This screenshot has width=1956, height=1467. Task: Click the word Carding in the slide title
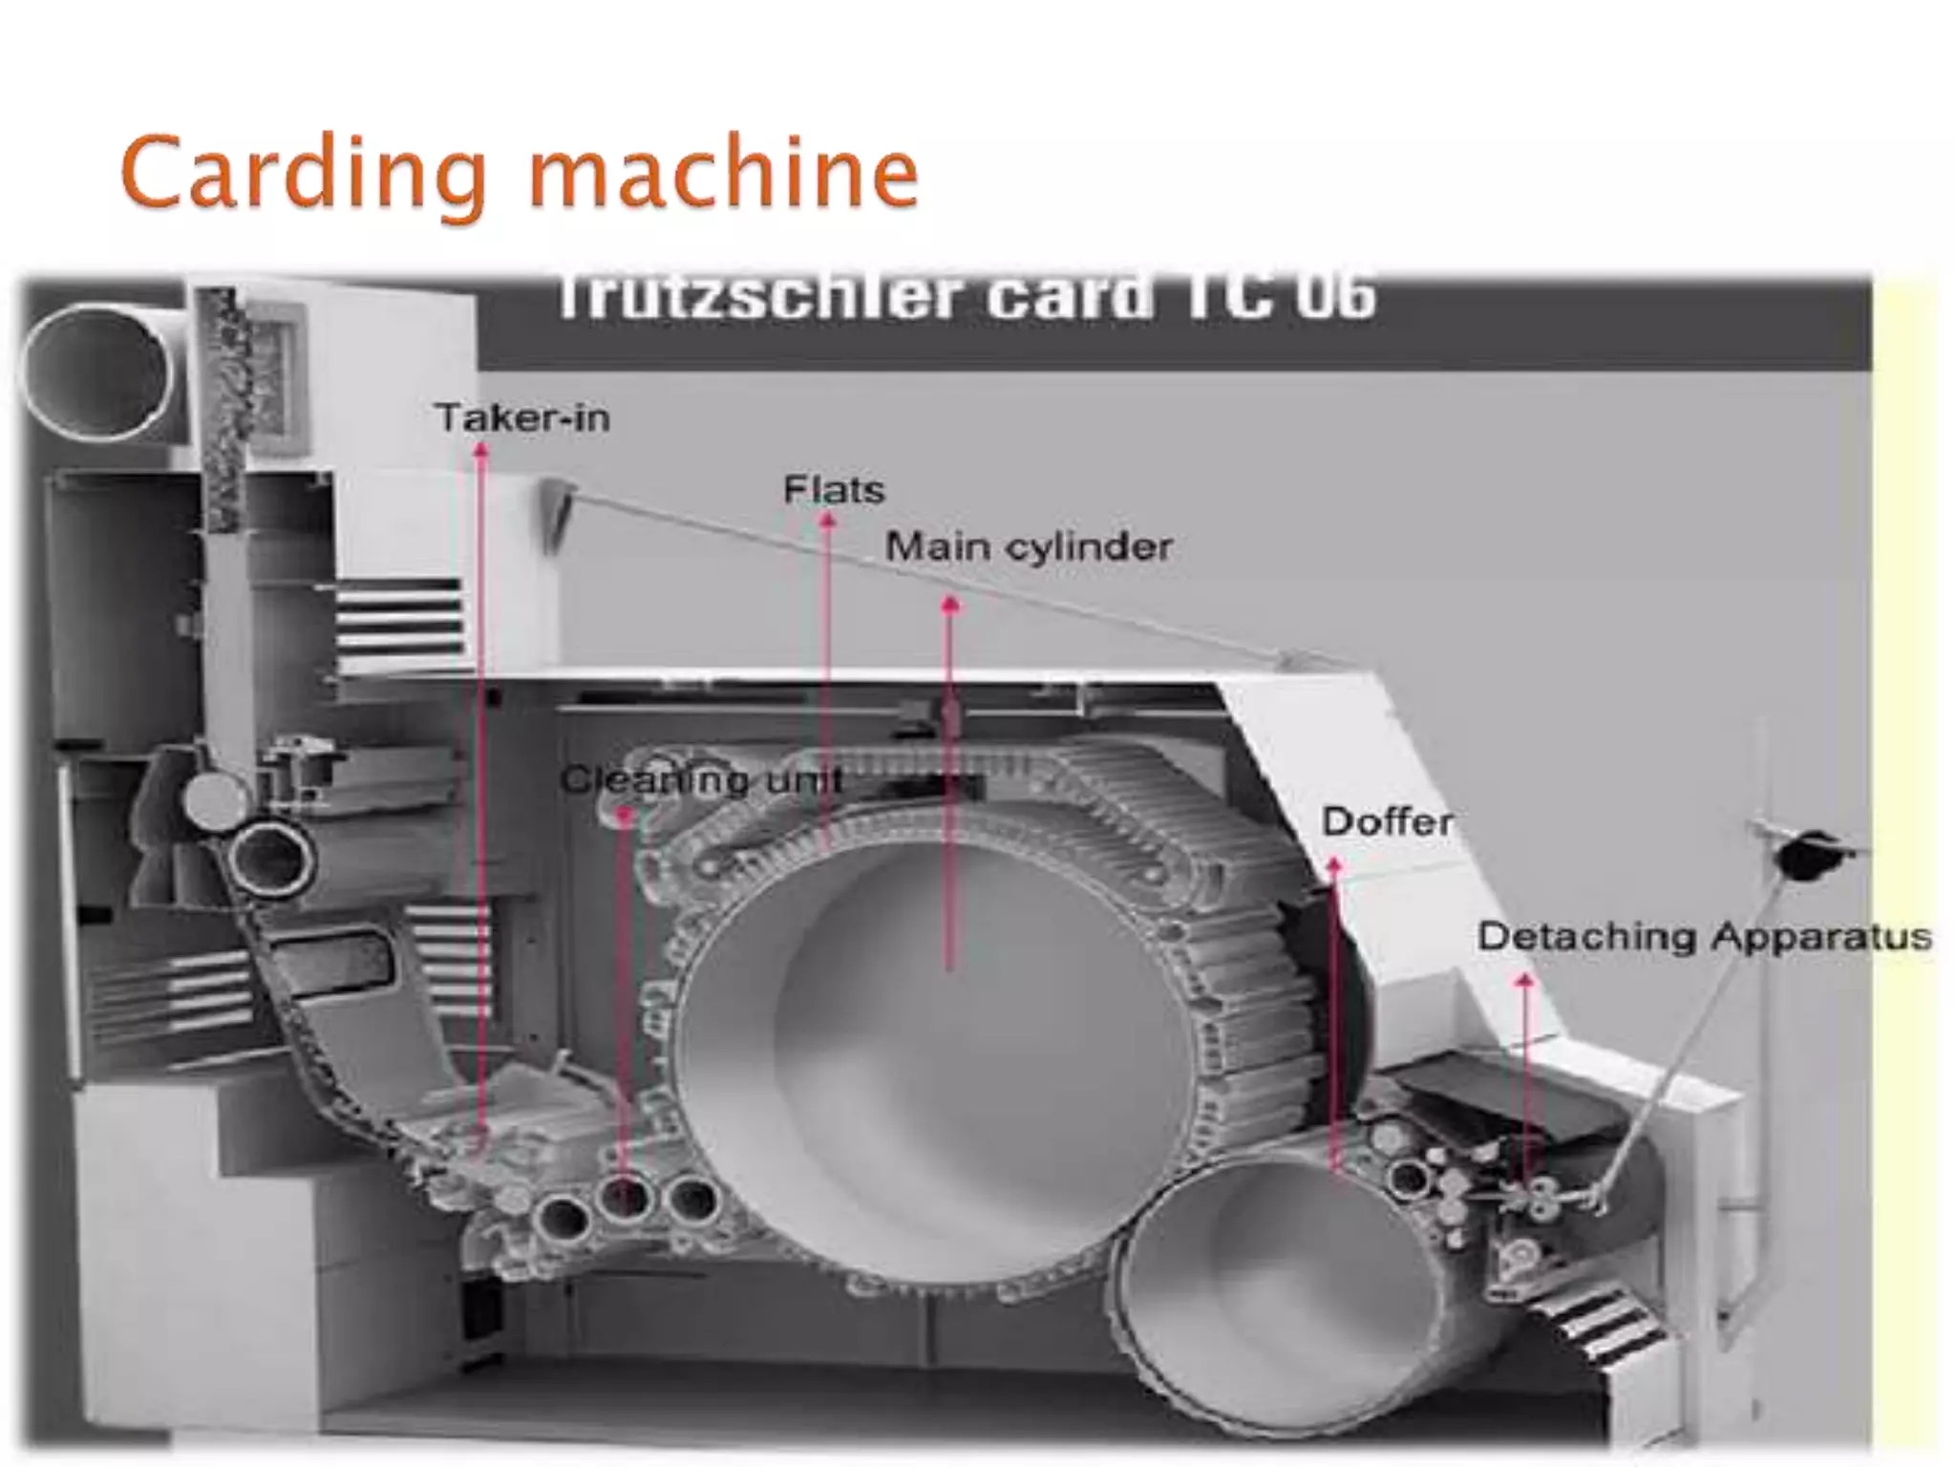pyautogui.click(x=304, y=174)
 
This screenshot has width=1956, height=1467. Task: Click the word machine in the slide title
pyautogui.click(x=723, y=174)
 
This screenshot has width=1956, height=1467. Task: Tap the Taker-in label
pyautogui.click(x=522, y=418)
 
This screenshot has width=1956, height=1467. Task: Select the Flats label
pyautogui.click(x=834, y=490)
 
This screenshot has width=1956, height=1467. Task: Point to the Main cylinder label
pyautogui.click(x=1029, y=547)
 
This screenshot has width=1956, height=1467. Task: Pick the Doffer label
pyautogui.click(x=1387, y=821)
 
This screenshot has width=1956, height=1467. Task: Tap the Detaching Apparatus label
pyautogui.click(x=1704, y=937)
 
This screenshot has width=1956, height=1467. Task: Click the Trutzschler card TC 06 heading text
pyautogui.click(x=965, y=297)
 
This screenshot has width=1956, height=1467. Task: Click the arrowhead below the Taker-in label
pyautogui.click(x=481, y=451)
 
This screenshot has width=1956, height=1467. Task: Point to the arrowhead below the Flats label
pyautogui.click(x=828, y=521)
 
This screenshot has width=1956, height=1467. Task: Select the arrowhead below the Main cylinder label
pyautogui.click(x=949, y=605)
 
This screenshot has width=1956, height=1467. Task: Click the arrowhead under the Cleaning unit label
pyautogui.click(x=624, y=815)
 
